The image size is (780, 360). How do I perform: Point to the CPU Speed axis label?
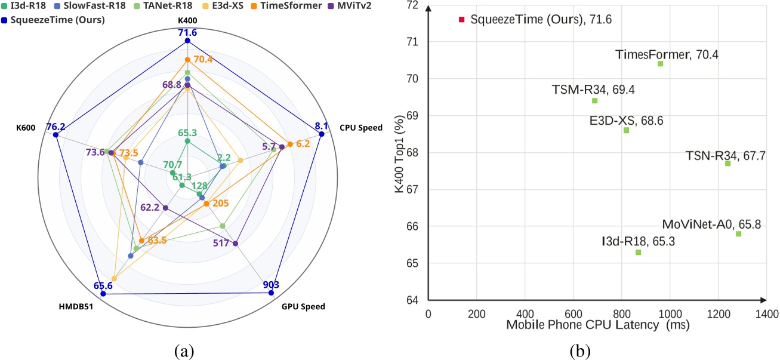[x=361, y=127]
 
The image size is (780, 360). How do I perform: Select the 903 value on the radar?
[x=271, y=284]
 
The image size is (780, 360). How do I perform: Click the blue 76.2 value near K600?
[x=56, y=127]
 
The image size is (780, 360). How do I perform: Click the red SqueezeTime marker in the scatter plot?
[x=461, y=20]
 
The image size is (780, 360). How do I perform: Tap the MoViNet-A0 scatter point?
[x=738, y=234]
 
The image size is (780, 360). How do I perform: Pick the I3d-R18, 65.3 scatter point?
[x=638, y=253]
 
